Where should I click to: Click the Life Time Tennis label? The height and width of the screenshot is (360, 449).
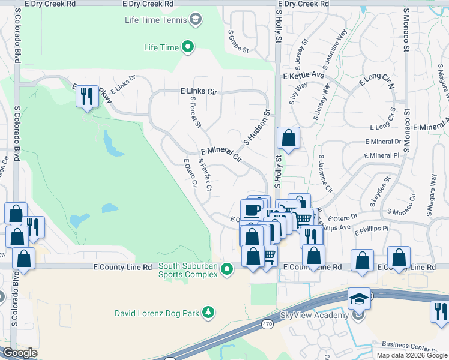(155, 20)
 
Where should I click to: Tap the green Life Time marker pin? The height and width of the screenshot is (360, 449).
(188, 47)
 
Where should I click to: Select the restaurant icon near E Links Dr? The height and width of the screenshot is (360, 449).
(88, 96)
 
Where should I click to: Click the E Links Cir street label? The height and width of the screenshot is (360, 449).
(198, 92)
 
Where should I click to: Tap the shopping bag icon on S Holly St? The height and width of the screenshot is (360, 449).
(289, 138)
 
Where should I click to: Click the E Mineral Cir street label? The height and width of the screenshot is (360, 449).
(221, 155)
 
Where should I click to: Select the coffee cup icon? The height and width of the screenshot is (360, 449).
(252, 211)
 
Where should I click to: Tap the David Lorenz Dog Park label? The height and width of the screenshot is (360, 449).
(157, 313)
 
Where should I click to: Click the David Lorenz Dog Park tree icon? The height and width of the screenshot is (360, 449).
(208, 312)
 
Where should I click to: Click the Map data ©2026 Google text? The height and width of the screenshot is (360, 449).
(411, 355)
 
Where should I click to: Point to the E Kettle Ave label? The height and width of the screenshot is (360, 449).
(303, 76)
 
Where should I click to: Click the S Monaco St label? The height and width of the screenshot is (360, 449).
(406, 130)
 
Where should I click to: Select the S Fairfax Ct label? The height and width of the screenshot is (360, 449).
(205, 175)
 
